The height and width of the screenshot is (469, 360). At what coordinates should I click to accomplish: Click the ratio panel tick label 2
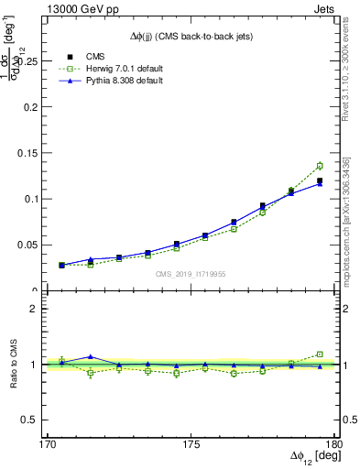pyautogui.click(x=43, y=309)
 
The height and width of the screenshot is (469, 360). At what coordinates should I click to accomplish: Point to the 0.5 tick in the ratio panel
pyautogui.click(x=38, y=420)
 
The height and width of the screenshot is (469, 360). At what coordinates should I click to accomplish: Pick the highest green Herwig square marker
pyautogui.click(x=320, y=166)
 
